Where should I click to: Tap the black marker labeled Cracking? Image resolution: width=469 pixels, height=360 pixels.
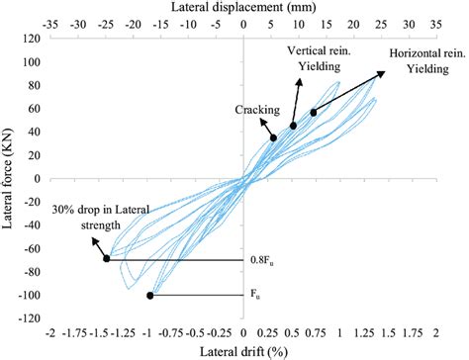273,137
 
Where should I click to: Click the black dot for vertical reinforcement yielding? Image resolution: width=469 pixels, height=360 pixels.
293,126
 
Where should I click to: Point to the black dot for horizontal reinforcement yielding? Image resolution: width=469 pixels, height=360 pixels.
314,113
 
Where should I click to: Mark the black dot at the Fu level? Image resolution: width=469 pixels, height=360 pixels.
150,296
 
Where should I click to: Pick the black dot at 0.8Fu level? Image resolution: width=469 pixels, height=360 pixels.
107,259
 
